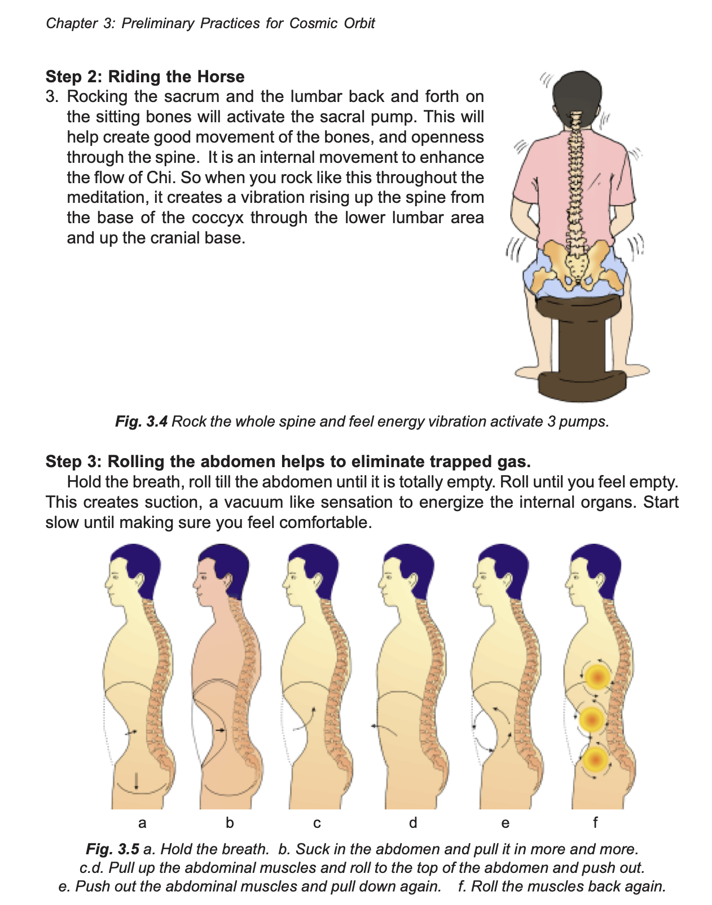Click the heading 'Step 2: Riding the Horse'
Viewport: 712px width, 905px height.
(144, 77)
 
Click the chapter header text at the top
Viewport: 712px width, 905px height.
(210, 23)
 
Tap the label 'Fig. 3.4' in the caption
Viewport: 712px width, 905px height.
(141, 422)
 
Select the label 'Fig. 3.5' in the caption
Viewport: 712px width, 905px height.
(112, 849)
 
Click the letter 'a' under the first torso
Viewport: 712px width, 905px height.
(142, 823)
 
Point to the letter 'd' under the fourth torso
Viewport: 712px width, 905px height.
(412, 822)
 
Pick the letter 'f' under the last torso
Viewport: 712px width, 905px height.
(595, 822)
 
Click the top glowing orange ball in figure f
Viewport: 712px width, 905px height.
(598, 677)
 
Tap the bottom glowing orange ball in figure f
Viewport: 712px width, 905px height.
(595, 759)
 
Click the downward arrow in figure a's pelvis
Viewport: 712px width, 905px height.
(136, 780)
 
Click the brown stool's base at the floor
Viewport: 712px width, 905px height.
(582, 385)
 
